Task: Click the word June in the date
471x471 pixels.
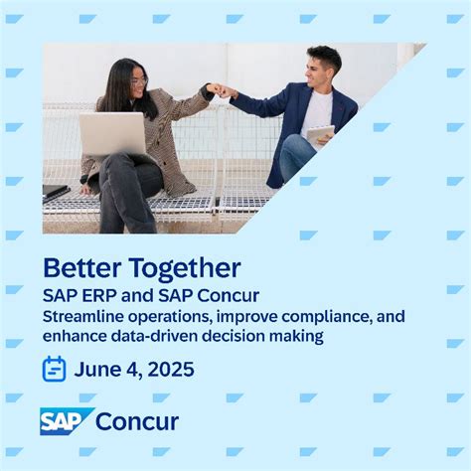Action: tap(98, 370)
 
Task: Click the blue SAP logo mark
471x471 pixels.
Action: tap(66, 421)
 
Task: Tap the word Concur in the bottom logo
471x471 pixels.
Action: tap(137, 421)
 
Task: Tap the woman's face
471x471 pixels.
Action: tap(138, 82)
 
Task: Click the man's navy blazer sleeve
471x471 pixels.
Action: tap(260, 101)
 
